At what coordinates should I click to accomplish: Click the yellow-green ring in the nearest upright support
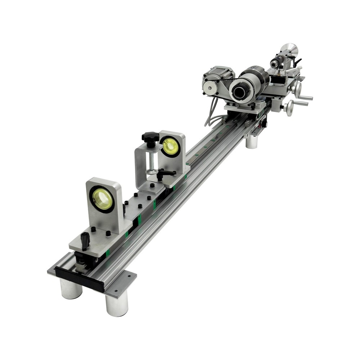click(x=103, y=199)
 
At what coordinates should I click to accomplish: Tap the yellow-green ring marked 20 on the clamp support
click(x=170, y=146)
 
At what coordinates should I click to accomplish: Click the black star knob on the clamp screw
click(x=150, y=137)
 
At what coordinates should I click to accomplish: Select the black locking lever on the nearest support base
click(x=85, y=240)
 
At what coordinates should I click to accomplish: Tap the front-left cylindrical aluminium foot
click(x=71, y=289)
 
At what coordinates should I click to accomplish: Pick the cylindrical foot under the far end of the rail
click(x=252, y=141)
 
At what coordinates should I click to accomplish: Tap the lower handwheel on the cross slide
click(x=288, y=107)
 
